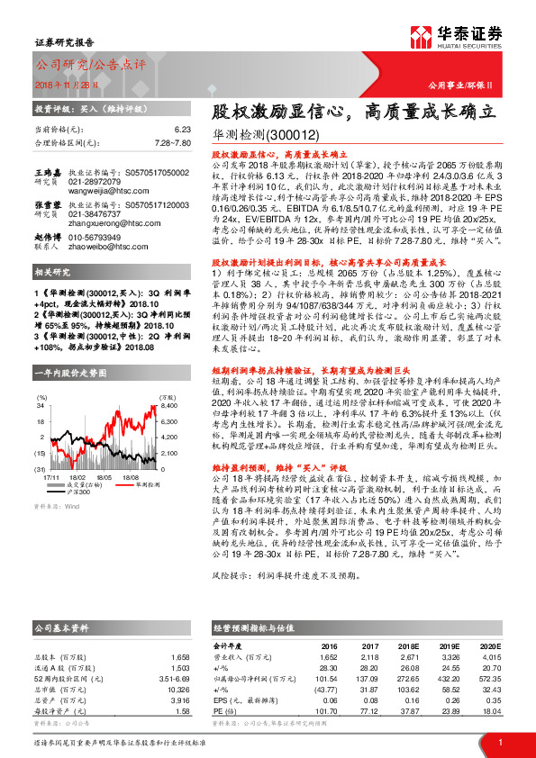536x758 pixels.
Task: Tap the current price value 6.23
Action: pyautogui.click(x=183, y=130)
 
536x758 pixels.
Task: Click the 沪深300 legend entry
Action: pyautogui.click(x=80, y=492)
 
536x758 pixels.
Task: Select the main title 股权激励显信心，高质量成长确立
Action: pyautogui.click(x=354, y=112)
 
